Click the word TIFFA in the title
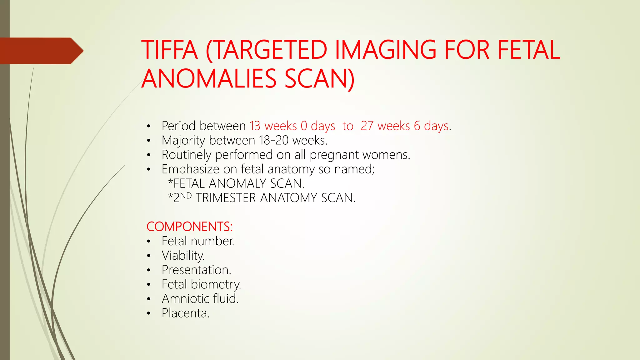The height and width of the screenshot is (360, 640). click(x=170, y=50)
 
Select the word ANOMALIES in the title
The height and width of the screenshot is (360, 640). click(x=209, y=79)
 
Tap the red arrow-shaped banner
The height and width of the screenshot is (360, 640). click(x=41, y=51)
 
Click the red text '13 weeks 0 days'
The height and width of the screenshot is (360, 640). click(x=292, y=126)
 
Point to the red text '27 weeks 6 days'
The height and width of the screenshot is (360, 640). click(x=405, y=126)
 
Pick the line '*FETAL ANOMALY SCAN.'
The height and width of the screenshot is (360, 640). click(x=236, y=183)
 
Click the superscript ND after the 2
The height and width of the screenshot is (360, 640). click(x=186, y=196)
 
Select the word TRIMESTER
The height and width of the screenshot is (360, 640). click(x=226, y=198)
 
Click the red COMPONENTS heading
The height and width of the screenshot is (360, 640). click(x=189, y=227)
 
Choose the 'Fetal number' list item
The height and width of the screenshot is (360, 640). click(x=197, y=241)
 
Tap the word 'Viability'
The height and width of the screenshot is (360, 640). click(x=183, y=256)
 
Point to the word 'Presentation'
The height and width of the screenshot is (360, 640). click(x=196, y=270)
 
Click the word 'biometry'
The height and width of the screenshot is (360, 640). click(x=216, y=284)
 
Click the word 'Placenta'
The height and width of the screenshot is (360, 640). click(x=185, y=313)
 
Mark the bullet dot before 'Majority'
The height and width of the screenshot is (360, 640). click(x=149, y=141)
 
